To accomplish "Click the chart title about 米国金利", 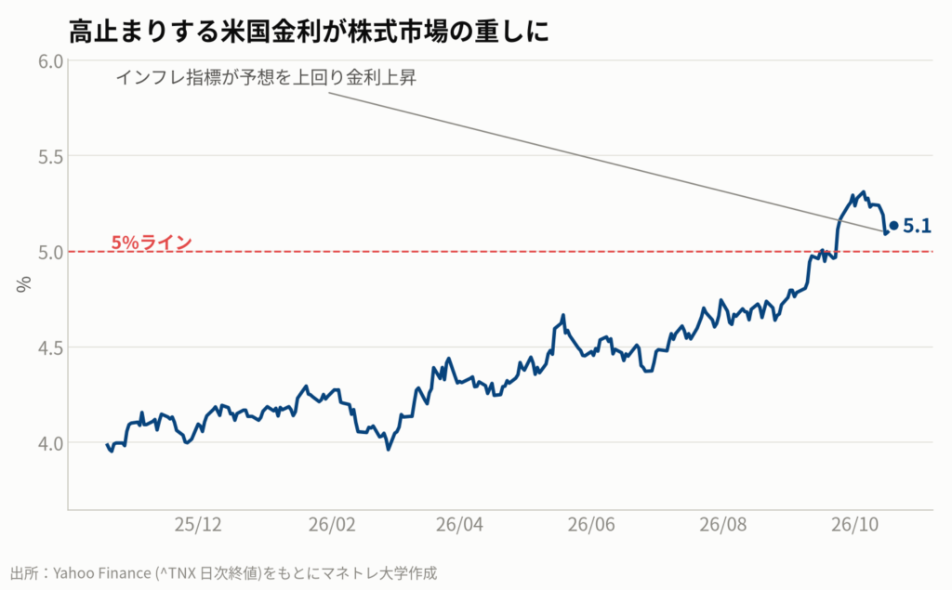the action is [x=309, y=31].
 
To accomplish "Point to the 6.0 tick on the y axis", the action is [x=50, y=61].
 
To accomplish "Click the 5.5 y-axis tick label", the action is [x=50, y=157].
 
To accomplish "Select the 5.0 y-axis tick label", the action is [x=50, y=252].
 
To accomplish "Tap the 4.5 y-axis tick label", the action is [x=50, y=347].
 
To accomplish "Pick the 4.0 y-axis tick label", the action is [x=50, y=443].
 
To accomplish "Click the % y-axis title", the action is [x=23, y=284].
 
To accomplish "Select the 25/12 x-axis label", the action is [x=198, y=524].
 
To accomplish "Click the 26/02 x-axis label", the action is [x=332, y=524].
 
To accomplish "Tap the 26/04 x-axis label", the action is [x=459, y=524].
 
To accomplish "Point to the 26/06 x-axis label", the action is [x=591, y=524].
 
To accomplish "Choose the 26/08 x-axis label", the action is [x=723, y=524].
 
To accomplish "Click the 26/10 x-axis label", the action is [x=855, y=524].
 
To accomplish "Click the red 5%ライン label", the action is [x=152, y=243].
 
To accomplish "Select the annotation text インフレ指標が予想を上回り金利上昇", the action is [x=266, y=78].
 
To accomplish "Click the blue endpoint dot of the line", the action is [x=893, y=225].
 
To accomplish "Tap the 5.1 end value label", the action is [x=917, y=226].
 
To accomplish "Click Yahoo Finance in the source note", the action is [x=102, y=573].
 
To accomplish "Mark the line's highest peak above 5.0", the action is [x=864, y=191].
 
